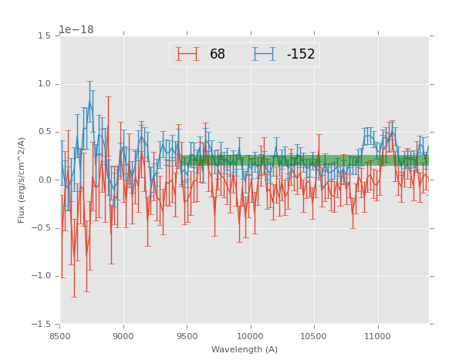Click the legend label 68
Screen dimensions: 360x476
[x=217, y=55]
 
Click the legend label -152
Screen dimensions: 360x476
[x=300, y=55]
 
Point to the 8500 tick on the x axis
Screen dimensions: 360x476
[x=60, y=336]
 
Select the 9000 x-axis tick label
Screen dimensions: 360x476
[x=123, y=336]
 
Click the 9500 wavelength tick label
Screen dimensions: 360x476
[x=187, y=336]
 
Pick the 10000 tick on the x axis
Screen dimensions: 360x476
[x=251, y=336]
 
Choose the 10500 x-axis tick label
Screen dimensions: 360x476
[x=314, y=336]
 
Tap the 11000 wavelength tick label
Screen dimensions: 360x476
[x=377, y=336]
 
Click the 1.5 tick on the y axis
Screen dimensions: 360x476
[x=45, y=36]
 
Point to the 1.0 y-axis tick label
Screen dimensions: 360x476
[x=45, y=84]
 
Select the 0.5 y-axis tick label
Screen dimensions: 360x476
[x=45, y=132]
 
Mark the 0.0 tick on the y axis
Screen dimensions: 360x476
[x=45, y=180]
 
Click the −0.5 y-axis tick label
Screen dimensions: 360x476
[x=42, y=228]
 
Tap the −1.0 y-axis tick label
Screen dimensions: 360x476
[x=42, y=276]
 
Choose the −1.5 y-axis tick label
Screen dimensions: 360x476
[x=42, y=325]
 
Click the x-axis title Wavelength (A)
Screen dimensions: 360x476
[x=245, y=350]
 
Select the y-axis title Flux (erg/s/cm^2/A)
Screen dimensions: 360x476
[x=22, y=180]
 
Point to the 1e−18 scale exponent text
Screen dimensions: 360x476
[x=76, y=30]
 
